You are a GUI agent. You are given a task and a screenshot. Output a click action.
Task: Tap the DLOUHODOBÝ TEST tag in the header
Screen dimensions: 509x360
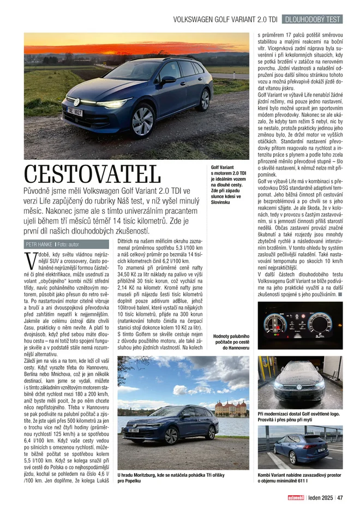pos(313,19)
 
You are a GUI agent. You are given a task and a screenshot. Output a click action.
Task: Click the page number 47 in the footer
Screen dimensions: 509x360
pos(339,498)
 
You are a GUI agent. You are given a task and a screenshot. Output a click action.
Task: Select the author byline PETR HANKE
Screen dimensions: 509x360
pos(39,244)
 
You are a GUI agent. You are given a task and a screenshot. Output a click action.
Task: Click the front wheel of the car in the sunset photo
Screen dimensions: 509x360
pos(142,121)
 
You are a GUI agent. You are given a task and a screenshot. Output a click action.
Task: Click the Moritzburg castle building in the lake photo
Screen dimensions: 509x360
pos(232,408)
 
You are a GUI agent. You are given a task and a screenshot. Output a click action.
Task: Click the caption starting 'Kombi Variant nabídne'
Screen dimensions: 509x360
pos(299,478)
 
